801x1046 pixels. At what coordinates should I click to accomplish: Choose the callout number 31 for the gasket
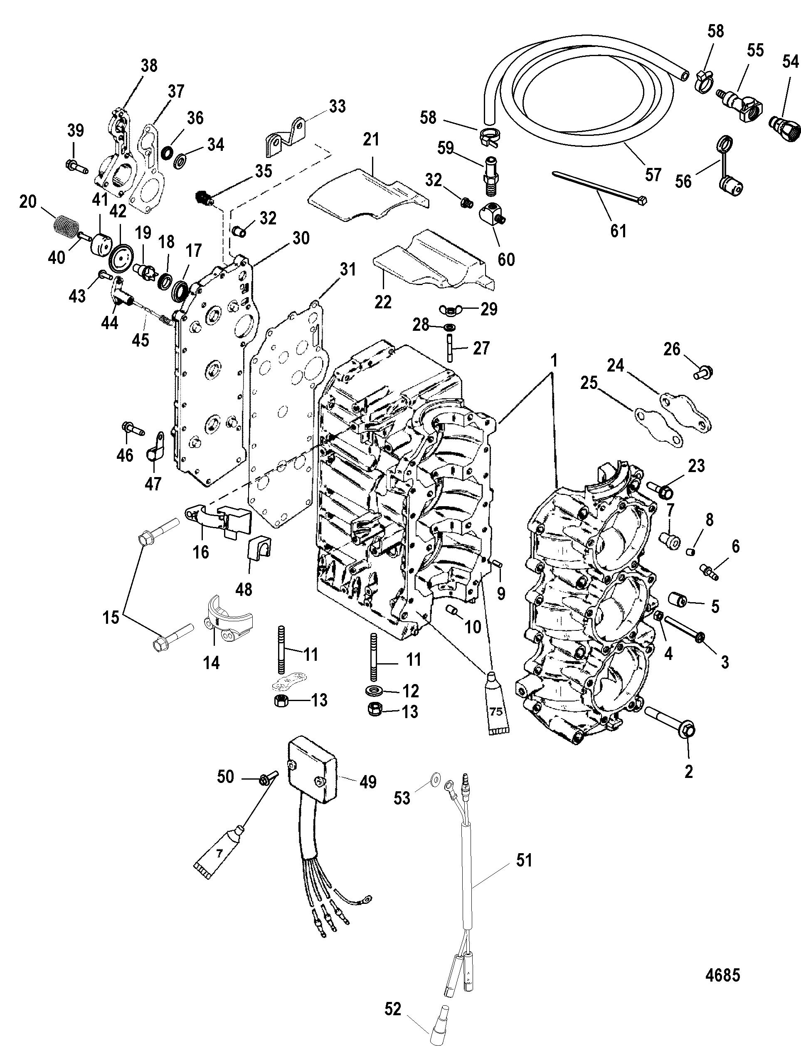(348, 270)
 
